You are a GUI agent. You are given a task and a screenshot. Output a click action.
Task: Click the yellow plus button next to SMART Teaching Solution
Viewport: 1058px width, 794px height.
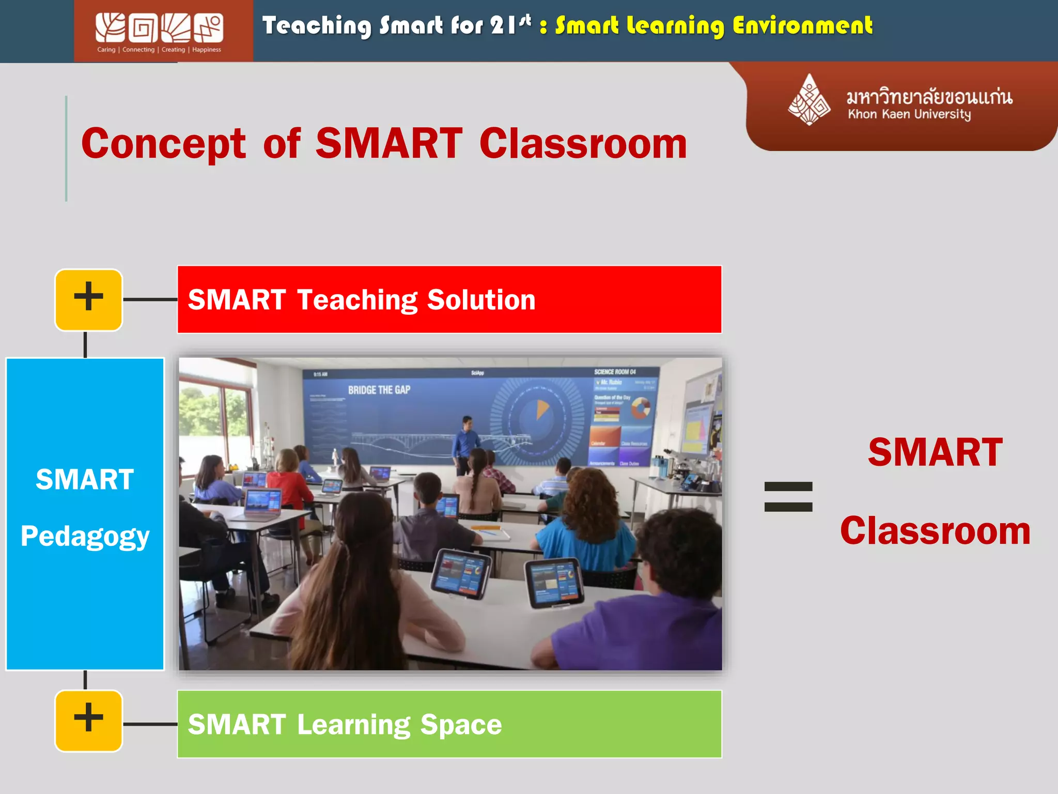(x=89, y=299)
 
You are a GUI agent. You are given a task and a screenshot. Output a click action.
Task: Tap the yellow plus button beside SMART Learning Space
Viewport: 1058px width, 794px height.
(x=89, y=721)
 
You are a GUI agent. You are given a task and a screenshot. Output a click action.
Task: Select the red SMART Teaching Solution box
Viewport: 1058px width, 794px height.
(x=449, y=299)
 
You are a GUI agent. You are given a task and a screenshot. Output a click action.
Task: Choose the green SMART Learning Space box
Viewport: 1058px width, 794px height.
(x=449, y=724)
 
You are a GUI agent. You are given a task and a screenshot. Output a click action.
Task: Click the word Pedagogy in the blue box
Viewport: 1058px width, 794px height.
(x=85, y=536)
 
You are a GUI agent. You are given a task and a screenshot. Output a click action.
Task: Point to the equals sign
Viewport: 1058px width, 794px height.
(x=788, y=496)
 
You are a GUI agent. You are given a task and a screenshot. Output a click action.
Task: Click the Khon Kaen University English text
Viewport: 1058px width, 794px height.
(x=909, y=114)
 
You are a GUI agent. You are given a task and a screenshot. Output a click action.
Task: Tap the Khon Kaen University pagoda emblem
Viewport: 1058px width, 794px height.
(x=809, y=100)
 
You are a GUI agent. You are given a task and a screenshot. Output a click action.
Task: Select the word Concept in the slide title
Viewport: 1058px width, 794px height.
(x=164, y=144)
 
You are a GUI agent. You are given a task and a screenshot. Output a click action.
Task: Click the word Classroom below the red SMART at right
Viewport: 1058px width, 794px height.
(x=935, y=531)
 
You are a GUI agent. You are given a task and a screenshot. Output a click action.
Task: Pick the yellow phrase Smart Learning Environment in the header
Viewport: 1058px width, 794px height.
(x=713, y=26)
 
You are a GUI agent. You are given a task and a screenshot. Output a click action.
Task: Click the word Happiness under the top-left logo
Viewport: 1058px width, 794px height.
(x=207, y=50)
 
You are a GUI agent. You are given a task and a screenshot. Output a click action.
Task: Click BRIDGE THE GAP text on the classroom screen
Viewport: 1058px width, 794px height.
(x=379, y=390)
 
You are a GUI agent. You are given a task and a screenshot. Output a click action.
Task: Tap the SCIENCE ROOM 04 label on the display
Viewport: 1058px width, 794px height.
(x=615, y=372)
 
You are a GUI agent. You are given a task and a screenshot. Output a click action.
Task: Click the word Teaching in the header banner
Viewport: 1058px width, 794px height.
(x=316, y=26)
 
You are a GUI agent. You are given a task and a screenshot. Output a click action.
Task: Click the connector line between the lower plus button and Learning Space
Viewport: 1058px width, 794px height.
(x=150, y=724)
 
